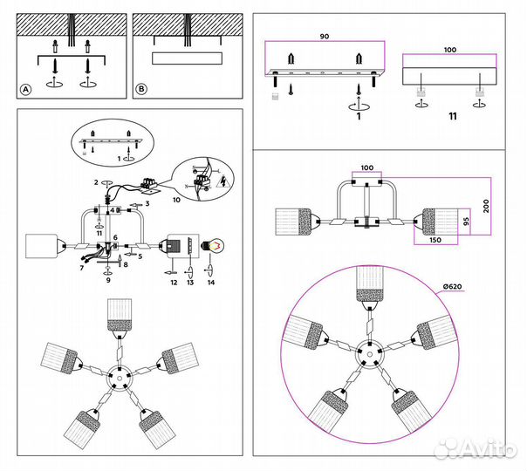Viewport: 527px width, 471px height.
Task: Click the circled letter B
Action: pos(141,89)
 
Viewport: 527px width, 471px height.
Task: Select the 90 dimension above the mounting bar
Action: pos(325,38)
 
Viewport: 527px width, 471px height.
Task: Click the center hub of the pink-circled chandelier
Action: pos(368,356)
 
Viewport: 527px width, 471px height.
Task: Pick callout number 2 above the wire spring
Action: pos(96,182)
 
